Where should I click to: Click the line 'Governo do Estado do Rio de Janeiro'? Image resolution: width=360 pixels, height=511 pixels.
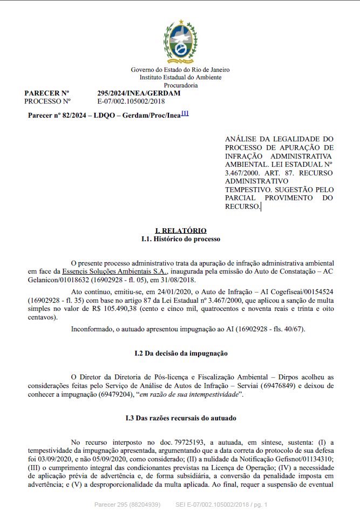click(x=180, y=70)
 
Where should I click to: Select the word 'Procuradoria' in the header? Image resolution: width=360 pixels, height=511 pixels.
click(x=180, y=85)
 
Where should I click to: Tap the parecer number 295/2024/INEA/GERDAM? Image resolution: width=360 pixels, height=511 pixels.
click(x=139, y=93)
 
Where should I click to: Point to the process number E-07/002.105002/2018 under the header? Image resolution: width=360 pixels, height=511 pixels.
click(x=131, y=101)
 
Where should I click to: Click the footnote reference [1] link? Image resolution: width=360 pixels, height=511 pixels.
click(x=185, y=113)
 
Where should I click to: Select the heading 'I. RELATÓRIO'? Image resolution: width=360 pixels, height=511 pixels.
click(x=180, y=230)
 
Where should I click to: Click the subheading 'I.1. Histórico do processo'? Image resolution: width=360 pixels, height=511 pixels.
click(x=180, y=239)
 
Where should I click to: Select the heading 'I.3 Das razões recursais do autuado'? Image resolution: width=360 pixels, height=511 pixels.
click(x=180, y=418)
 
